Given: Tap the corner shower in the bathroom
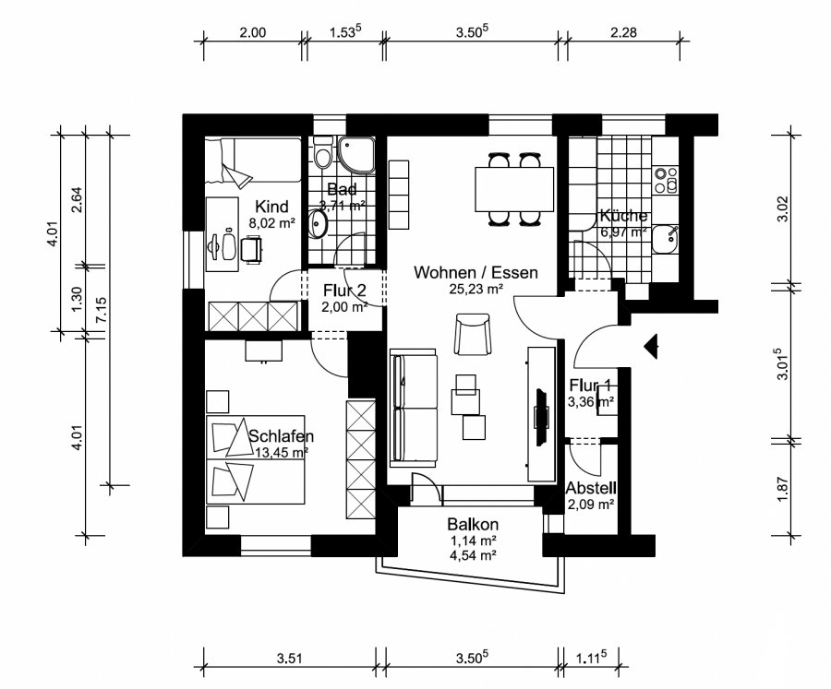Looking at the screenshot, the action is (357, 155).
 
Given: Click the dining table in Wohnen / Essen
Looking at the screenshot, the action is (514, 189).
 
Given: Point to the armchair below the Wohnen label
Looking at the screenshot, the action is (472, 334).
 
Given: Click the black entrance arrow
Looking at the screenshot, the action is (651, 347).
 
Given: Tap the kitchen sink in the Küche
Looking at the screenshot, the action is (665, 240).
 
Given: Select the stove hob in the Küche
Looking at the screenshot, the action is (666, 180).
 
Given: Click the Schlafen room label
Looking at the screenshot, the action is (281, 436).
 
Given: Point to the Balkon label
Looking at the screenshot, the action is (473, 524).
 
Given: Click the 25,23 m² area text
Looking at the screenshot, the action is (476, 289).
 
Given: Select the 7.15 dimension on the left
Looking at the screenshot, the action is (102, 310).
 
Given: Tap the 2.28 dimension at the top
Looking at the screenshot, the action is (623, 32).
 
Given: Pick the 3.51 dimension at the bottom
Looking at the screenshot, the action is (289, 659).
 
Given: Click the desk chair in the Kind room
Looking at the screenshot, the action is (251, 250).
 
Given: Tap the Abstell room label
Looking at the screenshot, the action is (591, 488).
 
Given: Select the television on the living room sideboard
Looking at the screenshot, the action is (542, 417).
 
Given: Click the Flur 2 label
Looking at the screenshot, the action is (344, 291).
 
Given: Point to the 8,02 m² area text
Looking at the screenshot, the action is (271, 223).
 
